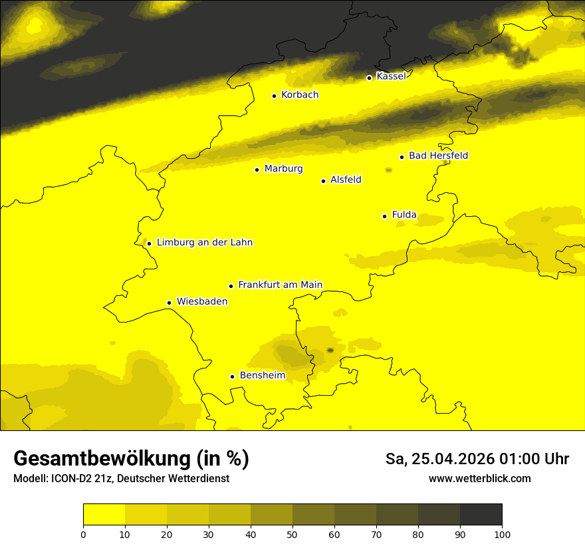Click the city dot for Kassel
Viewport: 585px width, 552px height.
369,78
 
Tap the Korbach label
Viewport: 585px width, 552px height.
300,95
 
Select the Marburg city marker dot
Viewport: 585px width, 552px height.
257,170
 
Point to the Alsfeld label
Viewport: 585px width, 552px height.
346,180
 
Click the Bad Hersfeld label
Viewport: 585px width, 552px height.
438,156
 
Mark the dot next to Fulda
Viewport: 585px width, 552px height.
384,216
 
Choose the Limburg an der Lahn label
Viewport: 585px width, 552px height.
205,243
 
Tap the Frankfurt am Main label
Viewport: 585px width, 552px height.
280,285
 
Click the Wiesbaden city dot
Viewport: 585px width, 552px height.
170,303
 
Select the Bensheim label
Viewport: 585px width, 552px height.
263,376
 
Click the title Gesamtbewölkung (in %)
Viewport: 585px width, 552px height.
131,459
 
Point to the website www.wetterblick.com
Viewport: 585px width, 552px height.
479,479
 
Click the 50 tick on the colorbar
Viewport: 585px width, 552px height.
292,534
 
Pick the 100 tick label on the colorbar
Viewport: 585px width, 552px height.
502,534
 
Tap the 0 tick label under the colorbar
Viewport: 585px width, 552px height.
83,534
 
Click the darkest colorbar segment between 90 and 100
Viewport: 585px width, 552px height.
481,514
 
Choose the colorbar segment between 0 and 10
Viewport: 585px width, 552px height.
104,514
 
